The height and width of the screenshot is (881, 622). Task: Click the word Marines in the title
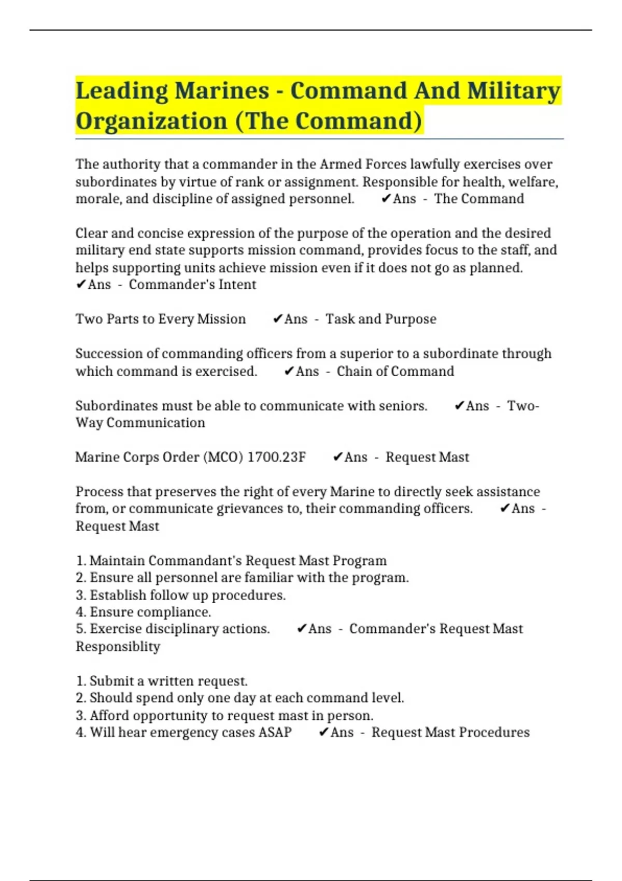click(x=221, y=91)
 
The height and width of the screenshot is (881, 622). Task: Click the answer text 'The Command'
click(x=479, y=199)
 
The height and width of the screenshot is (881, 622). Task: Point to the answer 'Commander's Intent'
click(x=192, y=285)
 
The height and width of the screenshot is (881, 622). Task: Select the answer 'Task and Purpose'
click(x=380, y=319)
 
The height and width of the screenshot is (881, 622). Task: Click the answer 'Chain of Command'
click(x=395, y=372)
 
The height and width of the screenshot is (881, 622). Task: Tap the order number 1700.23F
click(x=276, y=457)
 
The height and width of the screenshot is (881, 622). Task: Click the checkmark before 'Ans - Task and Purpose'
click(x=278, y=319)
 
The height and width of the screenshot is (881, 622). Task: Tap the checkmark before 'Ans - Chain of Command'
click(x=289, y=372)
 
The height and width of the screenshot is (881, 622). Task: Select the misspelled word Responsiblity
click(x=118, y=647)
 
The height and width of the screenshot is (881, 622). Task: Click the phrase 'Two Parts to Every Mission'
click(x=161, y=319)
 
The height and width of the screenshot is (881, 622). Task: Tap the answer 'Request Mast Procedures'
click(x=450, y=732)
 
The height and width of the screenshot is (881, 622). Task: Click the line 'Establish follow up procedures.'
click(x=188, y=595)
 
